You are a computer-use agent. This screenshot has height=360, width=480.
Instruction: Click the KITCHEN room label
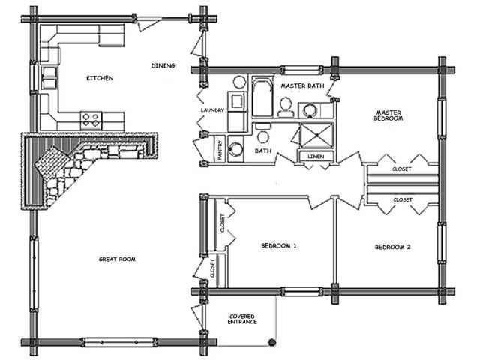(100, 78)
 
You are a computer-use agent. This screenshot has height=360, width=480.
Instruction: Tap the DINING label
(163, 65)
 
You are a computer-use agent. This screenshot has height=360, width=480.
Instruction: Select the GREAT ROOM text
(117, 259)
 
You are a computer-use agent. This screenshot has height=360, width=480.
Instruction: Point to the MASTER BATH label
(302, 85)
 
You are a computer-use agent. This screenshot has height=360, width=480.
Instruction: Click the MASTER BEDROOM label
(388, 115)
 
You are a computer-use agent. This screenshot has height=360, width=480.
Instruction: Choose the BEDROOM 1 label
(278, 245)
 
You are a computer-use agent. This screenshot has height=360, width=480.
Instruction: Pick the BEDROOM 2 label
(393, 247)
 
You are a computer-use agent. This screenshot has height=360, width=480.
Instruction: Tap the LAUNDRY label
(212, 110)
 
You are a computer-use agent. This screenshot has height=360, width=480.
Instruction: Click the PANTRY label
(220, 150)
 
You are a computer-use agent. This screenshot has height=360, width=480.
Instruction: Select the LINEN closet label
(316, 157)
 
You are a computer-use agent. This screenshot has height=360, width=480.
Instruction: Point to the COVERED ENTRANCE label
(242, 319)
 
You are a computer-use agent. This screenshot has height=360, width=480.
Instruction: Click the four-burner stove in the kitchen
(91, 120)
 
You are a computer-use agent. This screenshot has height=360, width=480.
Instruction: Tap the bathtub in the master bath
(262, 97)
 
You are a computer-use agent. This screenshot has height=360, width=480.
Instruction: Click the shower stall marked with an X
(316, 135)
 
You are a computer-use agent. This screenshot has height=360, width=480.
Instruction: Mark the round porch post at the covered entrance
(271, 342)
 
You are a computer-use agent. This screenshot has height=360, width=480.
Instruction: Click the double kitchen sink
(49, 78)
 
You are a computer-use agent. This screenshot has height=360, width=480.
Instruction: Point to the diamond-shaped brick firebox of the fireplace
(52, 162)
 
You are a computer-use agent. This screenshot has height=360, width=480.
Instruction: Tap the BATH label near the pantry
(263, 151)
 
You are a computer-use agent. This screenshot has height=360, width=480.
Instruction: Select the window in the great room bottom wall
(118, 342)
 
